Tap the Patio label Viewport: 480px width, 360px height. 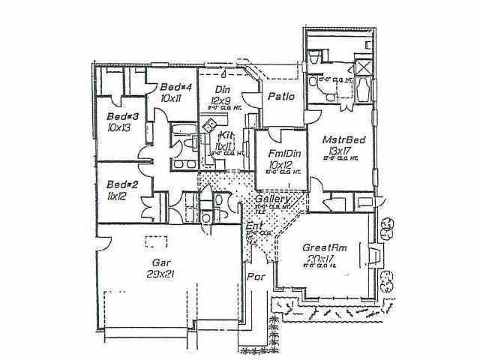279,97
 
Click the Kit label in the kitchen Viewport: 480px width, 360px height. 226,136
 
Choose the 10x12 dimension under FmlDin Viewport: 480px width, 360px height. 280,164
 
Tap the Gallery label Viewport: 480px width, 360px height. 269,201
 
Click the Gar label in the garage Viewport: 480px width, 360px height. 160,262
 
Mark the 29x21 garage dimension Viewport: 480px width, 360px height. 160,274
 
